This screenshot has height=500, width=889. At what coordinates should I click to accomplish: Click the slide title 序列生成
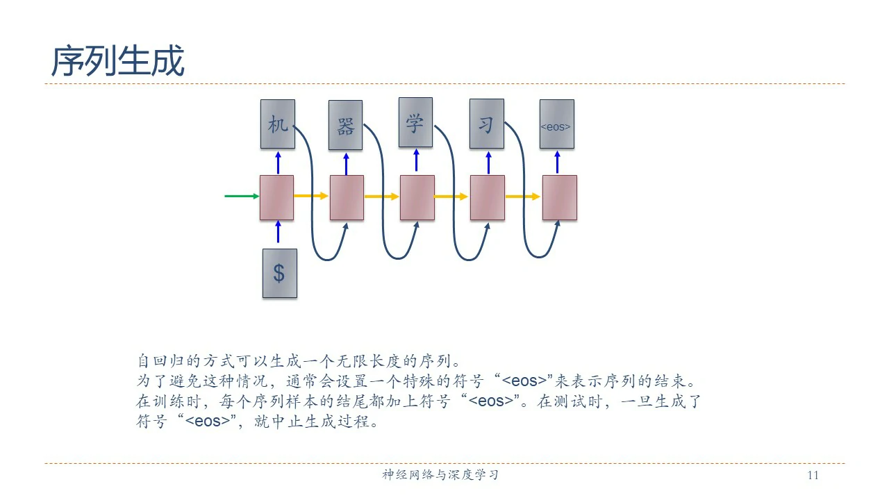coord(117,61)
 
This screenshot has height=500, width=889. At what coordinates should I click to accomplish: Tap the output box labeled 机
coord(277,124)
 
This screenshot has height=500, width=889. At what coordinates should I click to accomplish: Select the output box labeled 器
coord(345,126)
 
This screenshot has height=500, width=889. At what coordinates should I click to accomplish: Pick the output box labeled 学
coord(415,122)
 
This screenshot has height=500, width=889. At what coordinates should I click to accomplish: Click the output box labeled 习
coord(486,124)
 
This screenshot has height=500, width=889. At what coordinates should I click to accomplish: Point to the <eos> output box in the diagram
coord(556,124)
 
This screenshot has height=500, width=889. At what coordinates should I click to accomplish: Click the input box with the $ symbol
coord(279,273)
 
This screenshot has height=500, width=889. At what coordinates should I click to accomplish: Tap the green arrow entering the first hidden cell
coord(241,197)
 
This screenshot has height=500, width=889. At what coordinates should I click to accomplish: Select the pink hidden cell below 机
coord(276,197)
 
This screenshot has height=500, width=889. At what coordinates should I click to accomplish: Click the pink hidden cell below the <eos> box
coord(559,197)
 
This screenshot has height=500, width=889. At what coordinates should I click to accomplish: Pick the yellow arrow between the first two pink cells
coord(311,197)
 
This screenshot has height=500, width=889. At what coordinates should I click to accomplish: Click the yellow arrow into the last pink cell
coord(523,197)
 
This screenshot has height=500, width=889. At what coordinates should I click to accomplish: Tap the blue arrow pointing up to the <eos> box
coord(557,162)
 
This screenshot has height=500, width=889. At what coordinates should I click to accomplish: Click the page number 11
coord(813,476)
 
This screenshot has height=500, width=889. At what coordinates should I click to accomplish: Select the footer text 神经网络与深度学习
coord(440,476)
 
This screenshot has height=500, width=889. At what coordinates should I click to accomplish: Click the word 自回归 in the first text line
coord(160,362)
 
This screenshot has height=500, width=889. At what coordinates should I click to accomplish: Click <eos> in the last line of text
coord(206,422)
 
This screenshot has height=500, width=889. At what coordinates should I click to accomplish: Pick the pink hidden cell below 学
coord(417,197)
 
